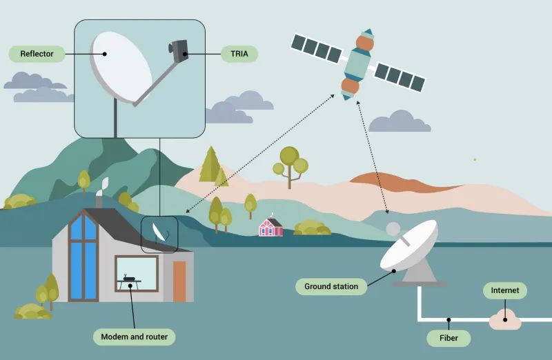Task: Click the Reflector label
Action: (x=37, y=54)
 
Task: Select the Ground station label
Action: (x=331, y=286)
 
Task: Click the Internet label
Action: (x=504, y=290)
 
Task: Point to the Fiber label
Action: (x=448, y=339)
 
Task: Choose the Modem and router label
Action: (x=134, y=337)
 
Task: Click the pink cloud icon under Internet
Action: (x=505, y=319)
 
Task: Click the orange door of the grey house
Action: (x=179, y=281)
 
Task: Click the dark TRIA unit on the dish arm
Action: (x=179, y=49)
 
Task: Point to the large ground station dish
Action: (x=411, y=246)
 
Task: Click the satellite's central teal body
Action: (x=357, y=64)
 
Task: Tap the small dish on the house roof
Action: (x=159, y=232)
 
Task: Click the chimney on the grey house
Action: (x=99, y=200)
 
